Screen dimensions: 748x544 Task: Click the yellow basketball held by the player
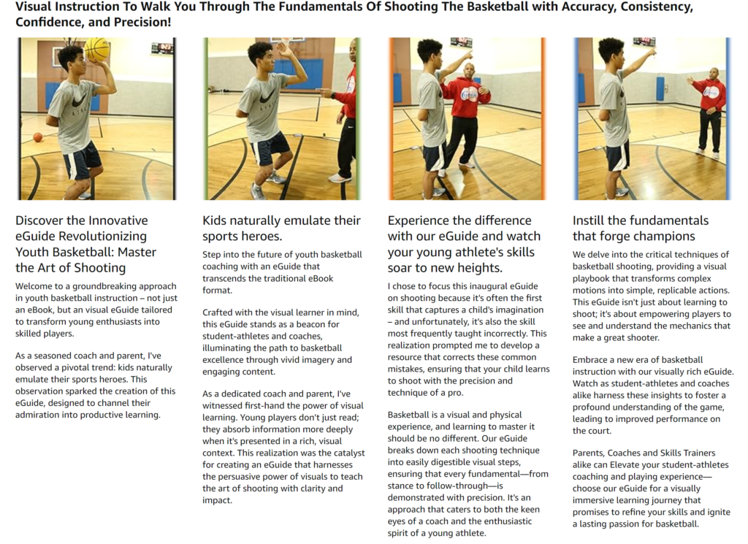tap(97, 48)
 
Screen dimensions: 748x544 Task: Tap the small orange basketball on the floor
tap(38, 138)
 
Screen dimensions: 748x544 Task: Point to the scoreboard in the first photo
tap(162, 48)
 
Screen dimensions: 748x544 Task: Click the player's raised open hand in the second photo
tap(283, 50)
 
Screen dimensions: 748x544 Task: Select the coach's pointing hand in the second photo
tap(327, 91)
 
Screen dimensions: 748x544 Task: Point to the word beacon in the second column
tap(324, 324)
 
